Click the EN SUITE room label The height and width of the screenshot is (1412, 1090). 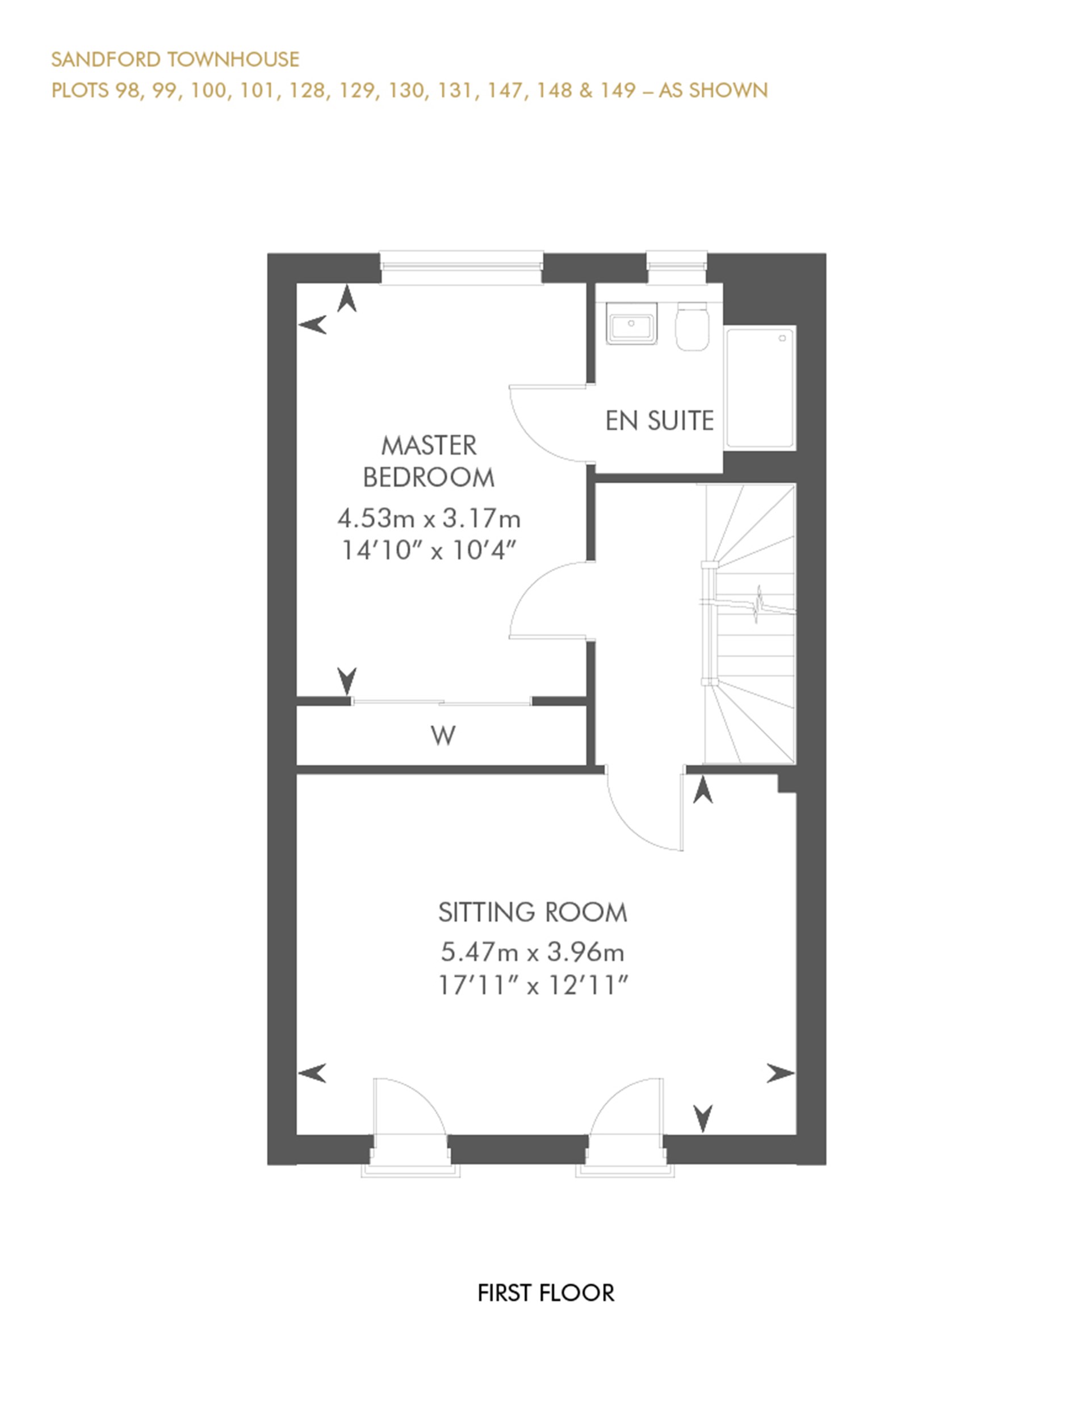[659, 421]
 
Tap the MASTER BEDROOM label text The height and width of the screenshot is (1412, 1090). [429, 462]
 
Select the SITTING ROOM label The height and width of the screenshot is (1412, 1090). [533, 912]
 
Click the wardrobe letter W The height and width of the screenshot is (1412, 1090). [443, 736]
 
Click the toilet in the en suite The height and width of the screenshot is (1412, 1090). [692, 328]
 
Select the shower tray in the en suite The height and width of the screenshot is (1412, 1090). [760, 388]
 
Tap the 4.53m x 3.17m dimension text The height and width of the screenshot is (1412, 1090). [429, 518]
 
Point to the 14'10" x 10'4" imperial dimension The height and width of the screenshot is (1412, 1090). [429, 551]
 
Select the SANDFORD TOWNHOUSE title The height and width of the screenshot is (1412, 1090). [175, 60]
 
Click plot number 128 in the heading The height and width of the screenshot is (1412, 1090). [307, 90]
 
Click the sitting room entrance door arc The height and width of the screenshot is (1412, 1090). [640, 821]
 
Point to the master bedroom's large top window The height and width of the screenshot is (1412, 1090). [460, 266]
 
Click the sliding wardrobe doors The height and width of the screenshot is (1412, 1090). [441, 701]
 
